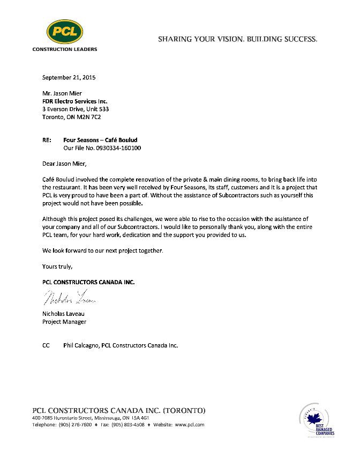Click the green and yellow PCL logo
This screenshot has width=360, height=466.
point(64,32)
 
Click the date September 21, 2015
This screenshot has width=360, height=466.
point(69,78)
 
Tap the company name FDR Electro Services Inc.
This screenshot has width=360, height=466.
point(74,101)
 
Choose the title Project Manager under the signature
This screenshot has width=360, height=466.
point(64,322)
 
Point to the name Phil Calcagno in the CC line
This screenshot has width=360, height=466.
point(80,345)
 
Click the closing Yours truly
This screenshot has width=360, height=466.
point(57,266)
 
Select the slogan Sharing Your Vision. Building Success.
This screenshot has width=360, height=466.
point(237,39)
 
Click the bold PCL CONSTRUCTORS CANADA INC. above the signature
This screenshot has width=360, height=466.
point(88,282)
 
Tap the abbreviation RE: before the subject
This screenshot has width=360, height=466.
point(47,140)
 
